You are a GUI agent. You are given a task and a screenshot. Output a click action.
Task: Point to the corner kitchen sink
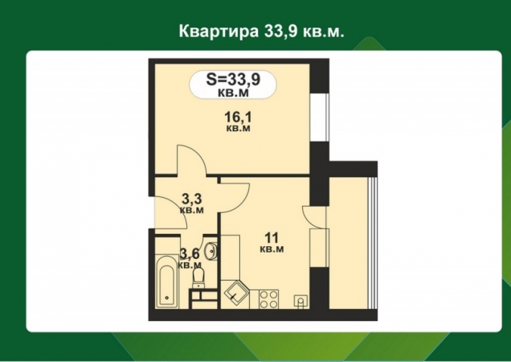coord(237,292)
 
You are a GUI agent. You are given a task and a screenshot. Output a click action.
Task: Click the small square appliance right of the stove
coord(300,300)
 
